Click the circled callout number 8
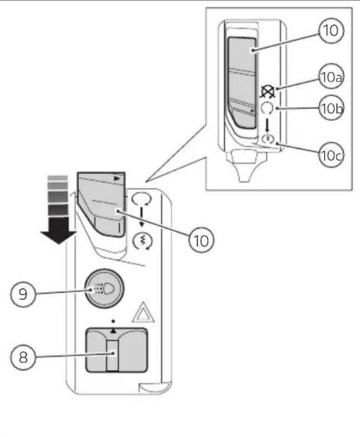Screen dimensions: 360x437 tap(23, 357)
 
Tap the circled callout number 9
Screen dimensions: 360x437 tap(23, 294)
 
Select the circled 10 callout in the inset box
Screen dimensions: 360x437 tap(331, 30)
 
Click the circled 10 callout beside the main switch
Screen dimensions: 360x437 tap(201, 240)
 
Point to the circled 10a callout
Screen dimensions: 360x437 tap(331, 77)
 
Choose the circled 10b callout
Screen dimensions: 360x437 tap(331, 108)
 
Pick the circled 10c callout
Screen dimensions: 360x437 tap(331, 155)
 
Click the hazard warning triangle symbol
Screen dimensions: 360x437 tap(144, 312)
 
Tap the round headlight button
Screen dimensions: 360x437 tap(104, 289)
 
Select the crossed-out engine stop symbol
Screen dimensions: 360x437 tap(267, 92)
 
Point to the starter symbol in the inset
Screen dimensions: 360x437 tap(267, 138)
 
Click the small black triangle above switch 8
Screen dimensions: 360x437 tap(113, 330)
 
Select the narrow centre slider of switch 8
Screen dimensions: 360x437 tap(113, 356)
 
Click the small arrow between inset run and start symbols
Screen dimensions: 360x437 tap(267, 125)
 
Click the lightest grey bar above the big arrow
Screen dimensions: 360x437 tap(57, 178)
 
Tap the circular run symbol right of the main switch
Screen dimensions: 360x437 tap(142, 198)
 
